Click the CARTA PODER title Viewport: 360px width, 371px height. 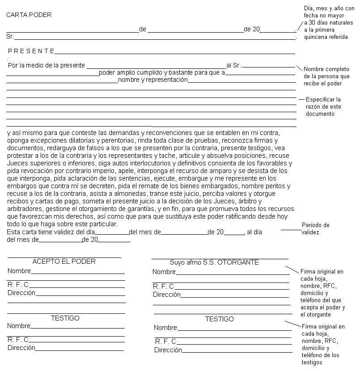[29, 15]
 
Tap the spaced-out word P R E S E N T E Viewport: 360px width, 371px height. [31, 51]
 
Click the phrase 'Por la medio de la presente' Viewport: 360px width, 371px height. [47, 65]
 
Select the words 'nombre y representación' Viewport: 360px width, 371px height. [152, 80]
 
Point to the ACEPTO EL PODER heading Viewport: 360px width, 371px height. [64, 261]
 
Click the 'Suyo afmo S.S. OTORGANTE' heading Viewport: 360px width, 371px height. [214, 262]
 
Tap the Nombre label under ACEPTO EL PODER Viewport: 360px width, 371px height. [19, 271]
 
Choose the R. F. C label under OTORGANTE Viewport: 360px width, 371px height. [163, 286]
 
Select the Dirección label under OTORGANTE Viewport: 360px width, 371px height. [167, 295]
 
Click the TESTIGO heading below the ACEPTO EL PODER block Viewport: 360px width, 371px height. [65, 318]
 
